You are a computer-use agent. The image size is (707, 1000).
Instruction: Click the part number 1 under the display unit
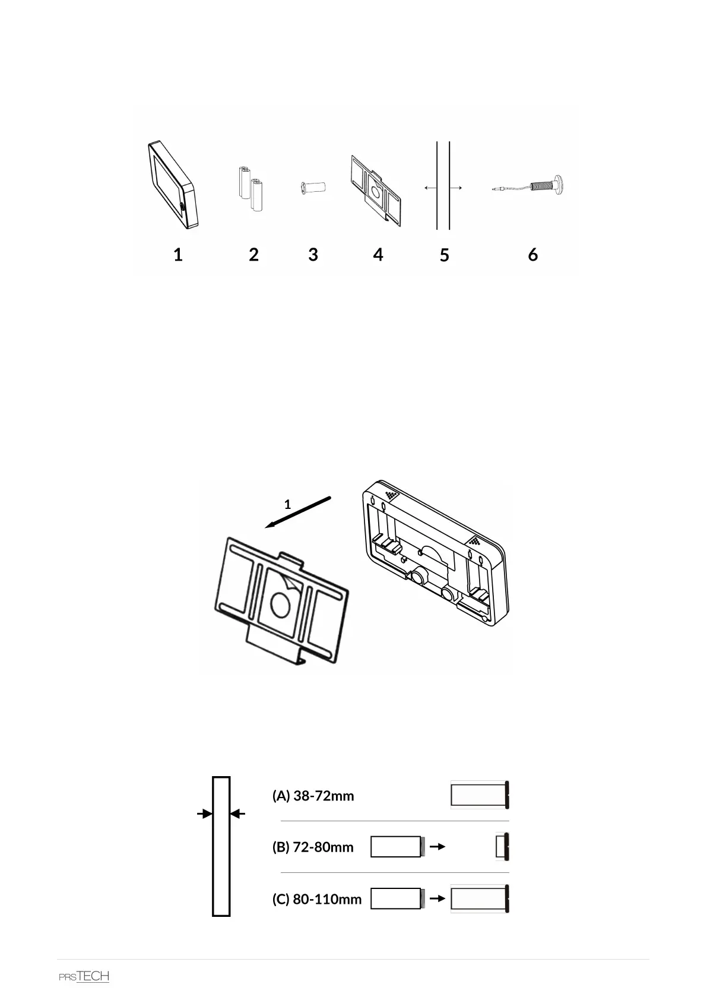[177, 255]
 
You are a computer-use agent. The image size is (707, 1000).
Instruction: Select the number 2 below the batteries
[253, 255]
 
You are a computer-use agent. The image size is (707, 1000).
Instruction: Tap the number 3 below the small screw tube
[313, 254]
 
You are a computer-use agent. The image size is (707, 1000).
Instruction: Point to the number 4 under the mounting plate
[378, 254]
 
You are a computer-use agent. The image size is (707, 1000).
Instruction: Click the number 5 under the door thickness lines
[445, 255]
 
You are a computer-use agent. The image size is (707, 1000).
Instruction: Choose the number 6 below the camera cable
[533, 254]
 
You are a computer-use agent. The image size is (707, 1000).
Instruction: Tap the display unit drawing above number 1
[172, 184]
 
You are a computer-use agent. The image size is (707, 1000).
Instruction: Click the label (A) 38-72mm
[313, 796]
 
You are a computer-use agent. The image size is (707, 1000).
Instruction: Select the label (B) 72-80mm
[313, 847]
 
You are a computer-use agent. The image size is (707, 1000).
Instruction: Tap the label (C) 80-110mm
[316, 899]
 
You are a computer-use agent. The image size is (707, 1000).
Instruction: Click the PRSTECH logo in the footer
[84, 976]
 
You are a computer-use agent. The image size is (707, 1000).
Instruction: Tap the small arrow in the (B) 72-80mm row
[437, 847]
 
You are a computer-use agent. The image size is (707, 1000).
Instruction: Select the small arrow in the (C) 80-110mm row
[437, 899]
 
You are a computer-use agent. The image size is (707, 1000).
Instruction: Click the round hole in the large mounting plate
[280, 605]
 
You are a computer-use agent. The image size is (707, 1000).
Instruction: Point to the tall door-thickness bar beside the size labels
[221, 846]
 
